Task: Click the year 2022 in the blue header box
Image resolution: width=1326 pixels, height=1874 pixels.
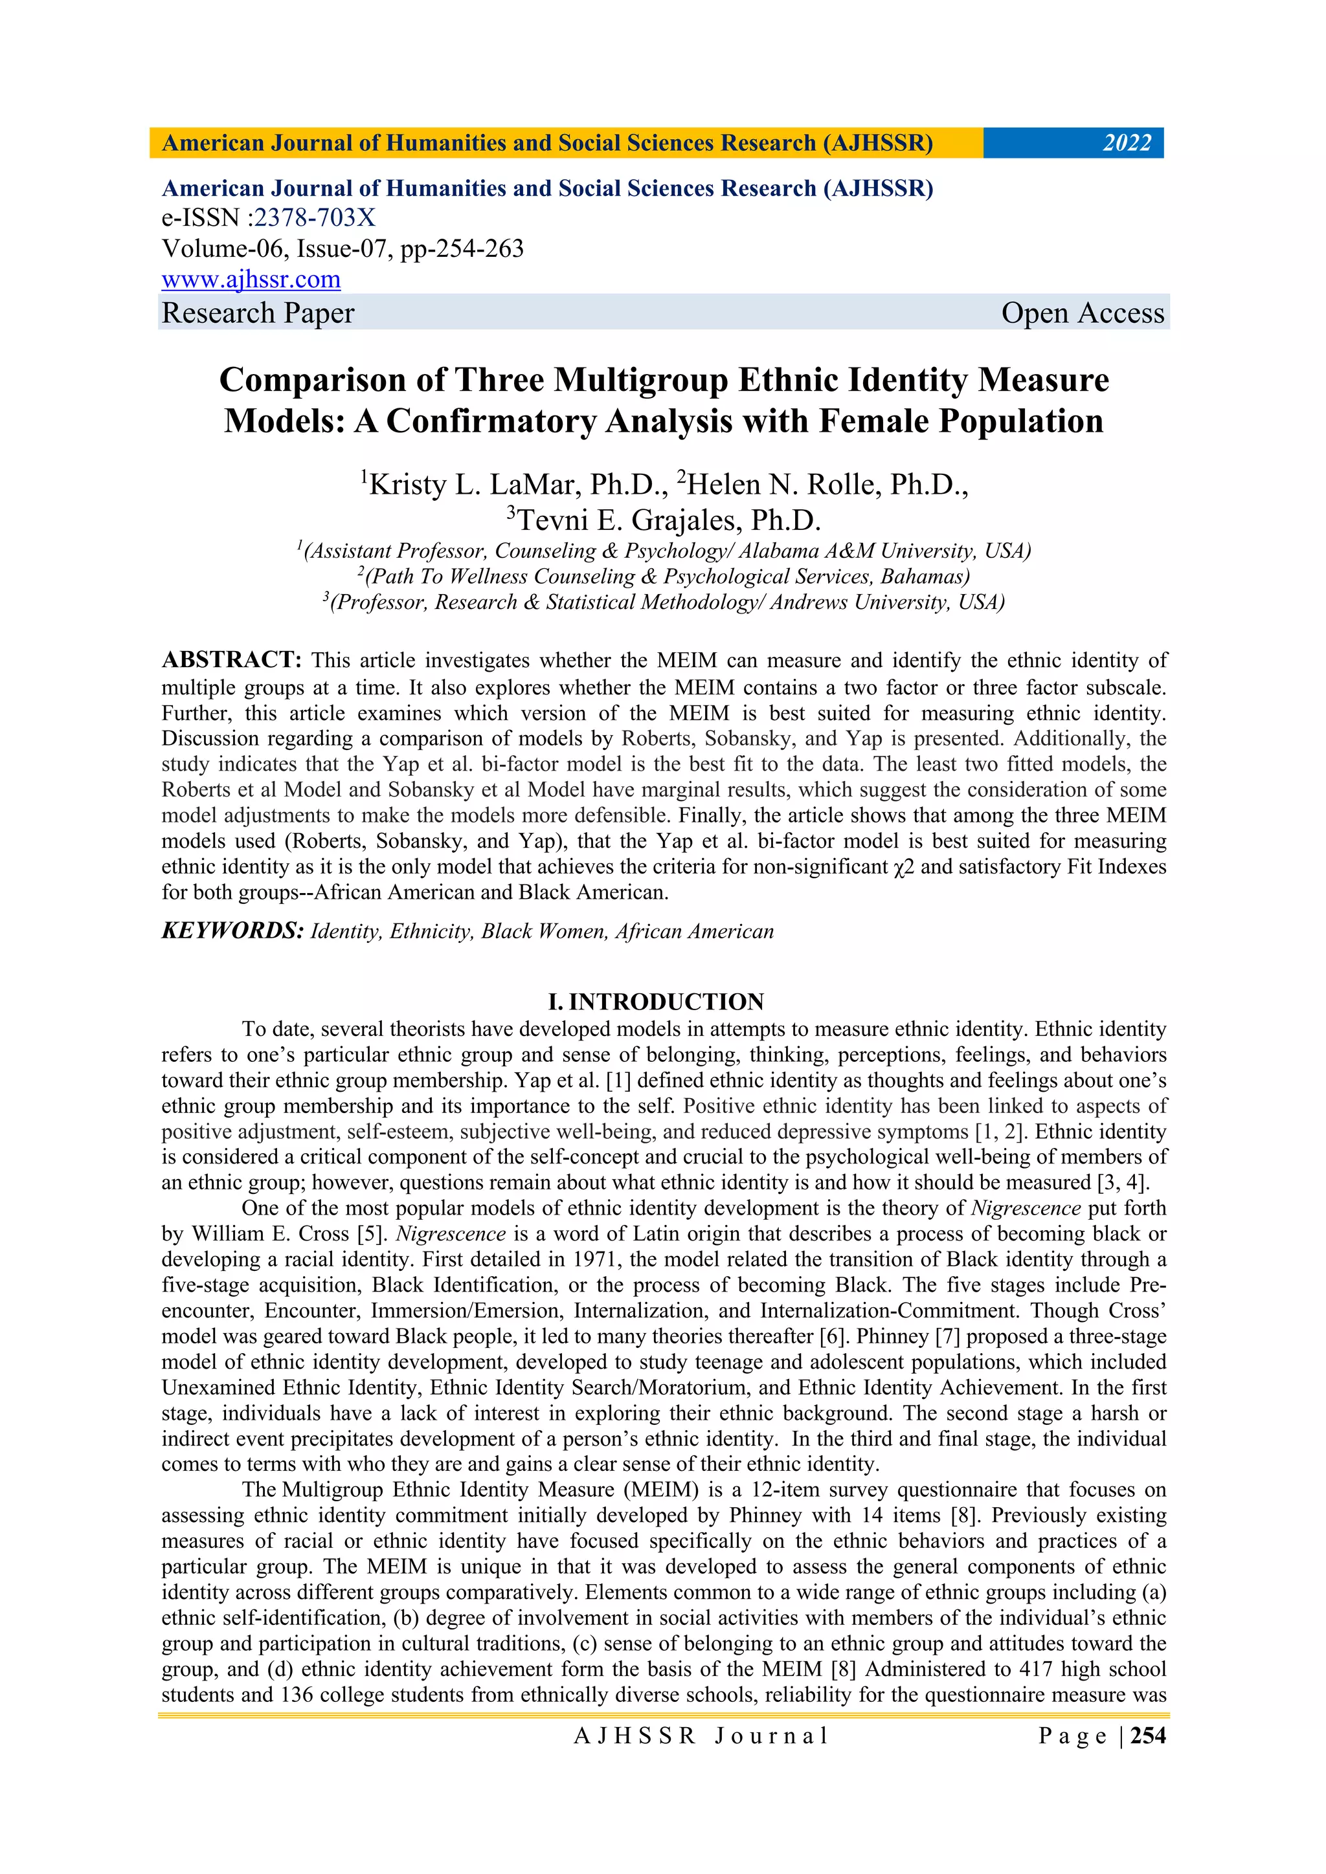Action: point(1127,144)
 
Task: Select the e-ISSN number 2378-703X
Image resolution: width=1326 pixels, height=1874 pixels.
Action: point(315,218)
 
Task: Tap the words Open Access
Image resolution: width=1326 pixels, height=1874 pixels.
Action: point(1082,313)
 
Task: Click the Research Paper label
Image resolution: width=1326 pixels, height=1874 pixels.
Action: point(258,313)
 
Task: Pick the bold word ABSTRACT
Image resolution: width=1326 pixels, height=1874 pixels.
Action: point(232,659)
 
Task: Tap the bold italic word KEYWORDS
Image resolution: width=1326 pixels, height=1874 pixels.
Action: point(232,931)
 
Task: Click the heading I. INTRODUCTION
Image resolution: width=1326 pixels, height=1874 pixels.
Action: point(656,1002)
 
